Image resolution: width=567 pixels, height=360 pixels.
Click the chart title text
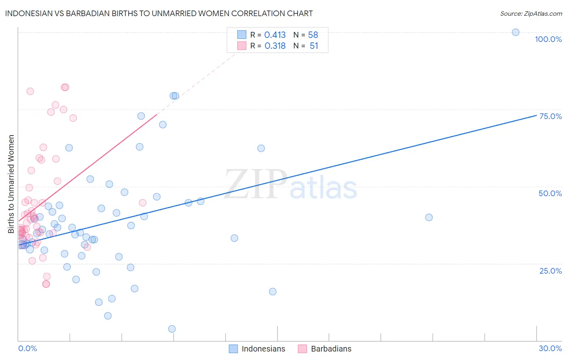(159, 14)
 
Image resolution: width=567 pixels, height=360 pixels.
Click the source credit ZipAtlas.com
(531, 14)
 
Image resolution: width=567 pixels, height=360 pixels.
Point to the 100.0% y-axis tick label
(548, 39)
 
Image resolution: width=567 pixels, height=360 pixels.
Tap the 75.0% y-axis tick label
(550, 116)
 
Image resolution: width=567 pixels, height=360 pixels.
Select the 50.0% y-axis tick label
(550, 193)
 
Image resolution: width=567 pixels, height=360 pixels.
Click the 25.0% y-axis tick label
(550, 271)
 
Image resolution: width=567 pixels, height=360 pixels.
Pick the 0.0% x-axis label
(27, 348)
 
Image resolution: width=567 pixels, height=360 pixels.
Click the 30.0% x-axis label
(550, 348)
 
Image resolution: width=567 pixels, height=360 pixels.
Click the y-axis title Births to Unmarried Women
(11, 184)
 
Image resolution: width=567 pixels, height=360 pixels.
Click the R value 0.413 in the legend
(275, 35)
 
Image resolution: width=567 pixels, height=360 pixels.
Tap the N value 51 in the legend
(314, 46)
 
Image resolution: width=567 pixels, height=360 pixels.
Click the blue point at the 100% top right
(515, 32)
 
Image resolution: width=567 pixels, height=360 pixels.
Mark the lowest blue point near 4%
(172, 329)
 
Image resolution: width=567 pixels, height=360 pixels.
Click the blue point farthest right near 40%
(429, 218)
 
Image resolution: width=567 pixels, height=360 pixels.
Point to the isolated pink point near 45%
(142, 203)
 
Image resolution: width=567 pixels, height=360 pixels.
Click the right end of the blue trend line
(536, 115)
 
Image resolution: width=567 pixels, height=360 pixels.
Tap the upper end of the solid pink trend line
(156, 115)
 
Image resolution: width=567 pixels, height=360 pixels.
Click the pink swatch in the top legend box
(242, 46)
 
